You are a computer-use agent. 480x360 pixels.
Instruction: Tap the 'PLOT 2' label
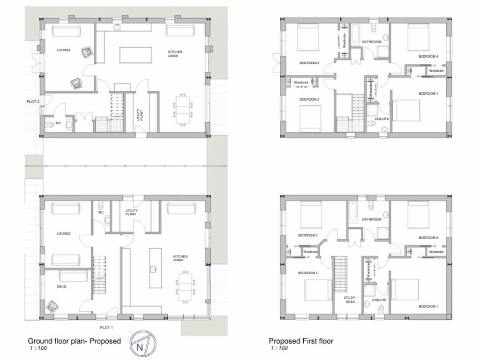(33, 101)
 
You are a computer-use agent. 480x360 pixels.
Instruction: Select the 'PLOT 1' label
(106, 328)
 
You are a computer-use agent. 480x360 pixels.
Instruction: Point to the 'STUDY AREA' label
(350, 300)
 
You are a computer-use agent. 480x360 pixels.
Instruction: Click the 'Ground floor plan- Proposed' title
(74, 341)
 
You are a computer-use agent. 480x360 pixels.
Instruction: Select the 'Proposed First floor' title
(301, 341)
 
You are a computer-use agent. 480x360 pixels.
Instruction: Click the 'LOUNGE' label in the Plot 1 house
(64, 233)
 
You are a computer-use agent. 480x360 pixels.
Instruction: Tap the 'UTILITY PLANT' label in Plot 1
(131, 212)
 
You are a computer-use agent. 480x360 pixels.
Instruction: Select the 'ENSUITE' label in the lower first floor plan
(379, 300)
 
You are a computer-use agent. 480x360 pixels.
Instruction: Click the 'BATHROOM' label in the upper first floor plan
(372, 42)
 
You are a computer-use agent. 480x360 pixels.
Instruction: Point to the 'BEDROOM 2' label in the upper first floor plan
(309, 99)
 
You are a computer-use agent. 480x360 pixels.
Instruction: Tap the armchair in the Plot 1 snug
(52, 306)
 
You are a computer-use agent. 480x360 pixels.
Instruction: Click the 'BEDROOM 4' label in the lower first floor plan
(428, 238)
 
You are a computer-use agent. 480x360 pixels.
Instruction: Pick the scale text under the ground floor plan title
(36, 349)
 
